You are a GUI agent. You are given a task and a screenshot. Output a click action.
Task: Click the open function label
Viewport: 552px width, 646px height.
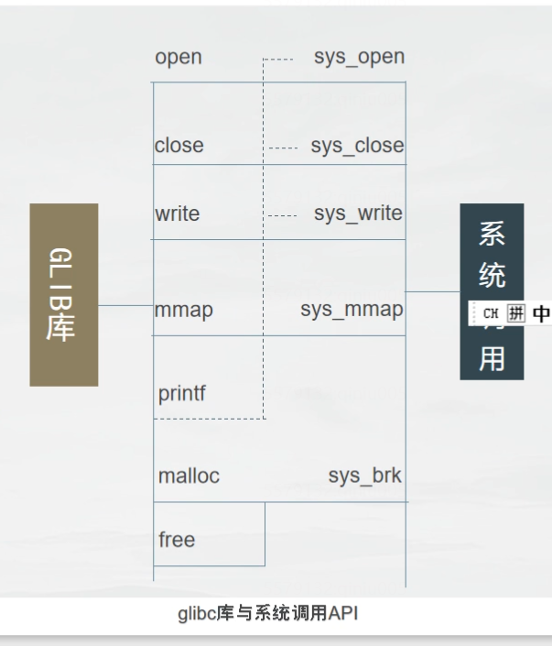[x=179, y=58]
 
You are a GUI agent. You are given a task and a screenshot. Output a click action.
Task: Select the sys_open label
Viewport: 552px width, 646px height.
[x=357, y=57]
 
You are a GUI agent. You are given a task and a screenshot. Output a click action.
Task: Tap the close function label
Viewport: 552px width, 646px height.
[x=179, y=145]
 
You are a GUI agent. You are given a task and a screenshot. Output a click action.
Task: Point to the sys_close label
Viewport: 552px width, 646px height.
[x=357, y=145]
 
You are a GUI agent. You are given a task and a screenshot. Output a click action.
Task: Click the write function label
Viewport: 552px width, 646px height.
[x=178, y=214]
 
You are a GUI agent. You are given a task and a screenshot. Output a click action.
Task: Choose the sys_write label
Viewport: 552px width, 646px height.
[x=358, y=214]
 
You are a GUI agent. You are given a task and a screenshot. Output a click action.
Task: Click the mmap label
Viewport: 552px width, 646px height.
[x=185, y=310]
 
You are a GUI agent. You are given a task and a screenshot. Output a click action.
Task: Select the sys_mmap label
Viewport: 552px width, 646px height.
[x=352, y=310]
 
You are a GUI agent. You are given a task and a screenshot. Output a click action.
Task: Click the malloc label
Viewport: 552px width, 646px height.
[x=189, y=476]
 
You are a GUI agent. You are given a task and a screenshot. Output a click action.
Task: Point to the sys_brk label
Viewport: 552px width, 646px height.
[x=364, y=476]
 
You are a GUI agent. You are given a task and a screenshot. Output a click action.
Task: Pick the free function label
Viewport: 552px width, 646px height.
[x=177, y=540]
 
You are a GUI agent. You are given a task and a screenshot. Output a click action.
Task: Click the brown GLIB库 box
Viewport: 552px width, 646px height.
[x=63, y=294]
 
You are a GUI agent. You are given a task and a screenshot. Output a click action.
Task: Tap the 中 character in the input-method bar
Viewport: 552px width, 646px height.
[x=541, y=313]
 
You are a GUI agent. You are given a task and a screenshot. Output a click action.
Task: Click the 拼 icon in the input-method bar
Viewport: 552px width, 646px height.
[x=518, y=313]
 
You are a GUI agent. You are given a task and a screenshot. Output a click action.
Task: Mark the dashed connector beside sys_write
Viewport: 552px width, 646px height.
[x=285, y=216]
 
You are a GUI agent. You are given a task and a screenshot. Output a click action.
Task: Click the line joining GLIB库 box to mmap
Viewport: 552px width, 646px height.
[x=125, y=305]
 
